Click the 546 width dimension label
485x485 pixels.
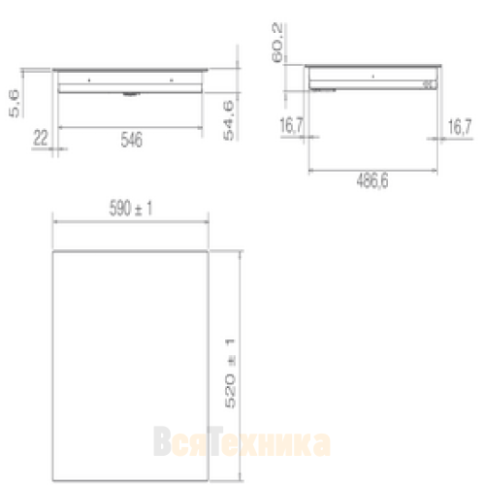point(131,140)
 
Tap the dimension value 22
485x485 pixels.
point(41,138)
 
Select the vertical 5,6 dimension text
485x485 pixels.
point(15,104)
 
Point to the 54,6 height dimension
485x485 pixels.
point(229,120)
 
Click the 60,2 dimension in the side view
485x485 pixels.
point(277,43)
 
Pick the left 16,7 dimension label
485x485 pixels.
point(292,125)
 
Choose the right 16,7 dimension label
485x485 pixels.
point(460,126)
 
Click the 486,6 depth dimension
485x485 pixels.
point(372,180)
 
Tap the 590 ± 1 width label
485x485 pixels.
point(131,208)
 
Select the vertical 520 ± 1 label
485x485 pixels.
point(230,373)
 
